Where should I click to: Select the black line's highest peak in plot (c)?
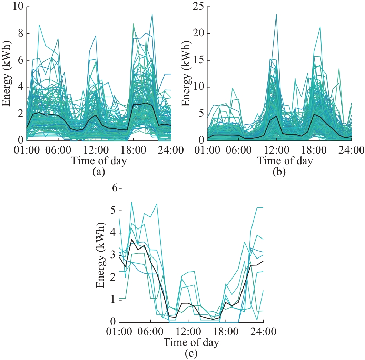pyautogui.click(x=132, y=239)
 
